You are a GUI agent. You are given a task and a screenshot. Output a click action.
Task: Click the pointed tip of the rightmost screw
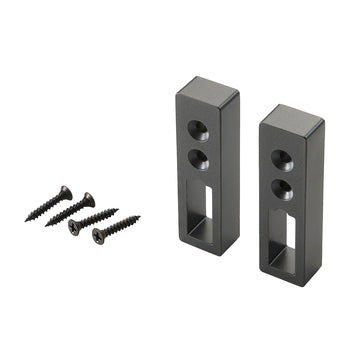[139, 216]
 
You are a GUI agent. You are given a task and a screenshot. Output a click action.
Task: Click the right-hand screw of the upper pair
[70, 210]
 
